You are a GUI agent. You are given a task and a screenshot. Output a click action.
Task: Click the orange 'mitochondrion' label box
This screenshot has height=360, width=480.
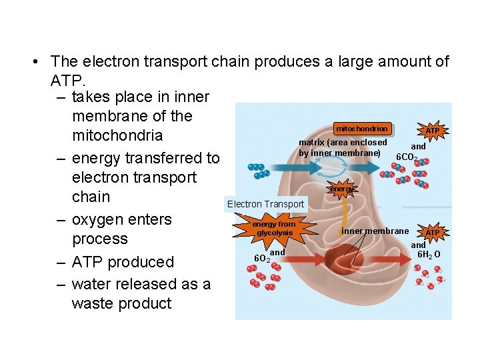[361, 129]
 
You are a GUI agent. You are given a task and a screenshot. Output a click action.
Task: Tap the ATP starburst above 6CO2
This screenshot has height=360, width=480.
[433, 131]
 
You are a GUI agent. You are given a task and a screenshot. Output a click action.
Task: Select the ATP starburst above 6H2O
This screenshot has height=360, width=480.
[433, 233]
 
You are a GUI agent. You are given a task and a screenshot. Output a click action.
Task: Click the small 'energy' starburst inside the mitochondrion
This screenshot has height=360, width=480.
[343, 189]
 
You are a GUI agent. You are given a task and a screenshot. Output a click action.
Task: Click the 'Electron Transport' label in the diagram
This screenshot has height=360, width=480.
[265, 204]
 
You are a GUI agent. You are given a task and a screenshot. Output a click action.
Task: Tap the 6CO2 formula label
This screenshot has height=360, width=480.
[407, 158]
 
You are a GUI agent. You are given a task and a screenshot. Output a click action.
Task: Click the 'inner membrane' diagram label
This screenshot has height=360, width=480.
[375, 231]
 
